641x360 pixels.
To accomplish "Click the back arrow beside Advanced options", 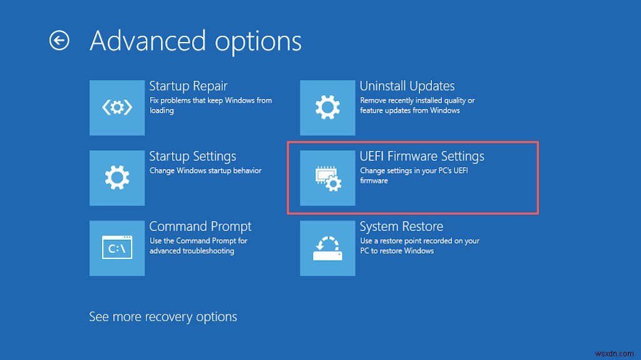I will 59,41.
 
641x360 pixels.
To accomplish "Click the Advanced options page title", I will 195,41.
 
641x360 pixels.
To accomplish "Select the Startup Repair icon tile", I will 117,108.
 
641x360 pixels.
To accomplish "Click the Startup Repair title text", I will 188,86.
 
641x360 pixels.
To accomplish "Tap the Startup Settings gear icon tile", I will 117,178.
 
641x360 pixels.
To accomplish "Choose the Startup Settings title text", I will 192,156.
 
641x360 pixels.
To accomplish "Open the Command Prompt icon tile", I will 117,248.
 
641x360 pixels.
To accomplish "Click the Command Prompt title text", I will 200,226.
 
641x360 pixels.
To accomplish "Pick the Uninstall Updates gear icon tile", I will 327,108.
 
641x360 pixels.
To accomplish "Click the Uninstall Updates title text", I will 407,86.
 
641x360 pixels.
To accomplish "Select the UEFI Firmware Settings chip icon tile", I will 327,178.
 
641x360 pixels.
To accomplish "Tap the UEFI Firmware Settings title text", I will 421,156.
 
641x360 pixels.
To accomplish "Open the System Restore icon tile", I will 327,248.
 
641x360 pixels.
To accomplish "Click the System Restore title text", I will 401,226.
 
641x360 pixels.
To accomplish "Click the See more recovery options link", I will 163,317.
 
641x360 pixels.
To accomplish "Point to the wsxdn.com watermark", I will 612,349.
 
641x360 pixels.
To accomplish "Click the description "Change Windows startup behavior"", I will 205,171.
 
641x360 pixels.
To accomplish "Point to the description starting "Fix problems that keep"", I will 210,105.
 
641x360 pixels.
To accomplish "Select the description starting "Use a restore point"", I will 419,245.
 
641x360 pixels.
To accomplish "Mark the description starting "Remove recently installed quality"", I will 417,105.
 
